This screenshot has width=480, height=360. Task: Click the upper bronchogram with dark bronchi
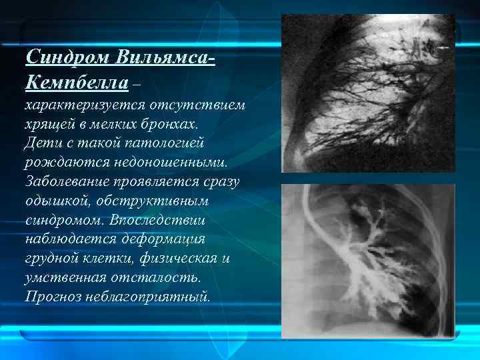[x=367, y=93]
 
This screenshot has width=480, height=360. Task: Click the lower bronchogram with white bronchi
[x=367, y=261]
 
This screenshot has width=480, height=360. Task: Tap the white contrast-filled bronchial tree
[x=363, y=260]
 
